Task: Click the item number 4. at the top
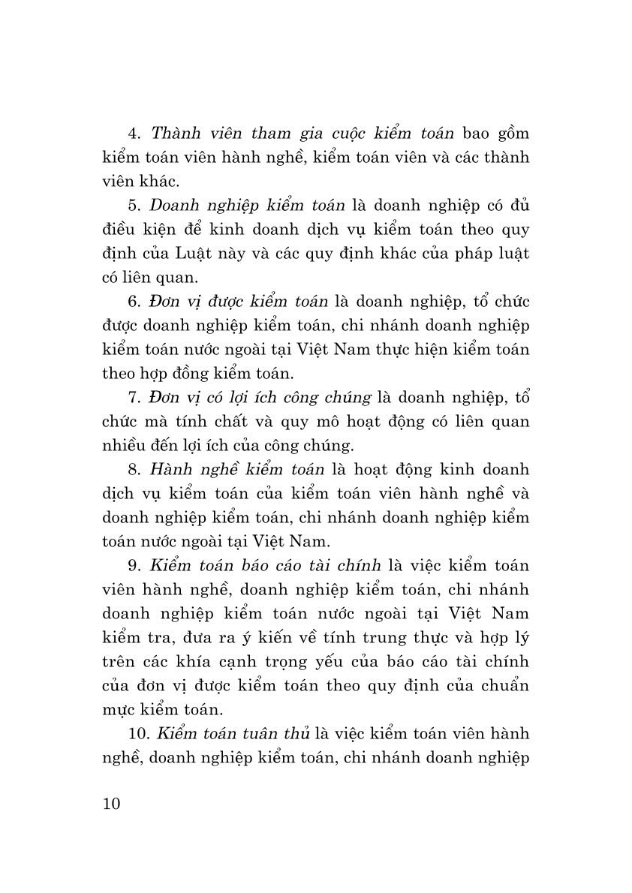pos(135,134)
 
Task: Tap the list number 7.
pos(135,397)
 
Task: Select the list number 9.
pos(135,565)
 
